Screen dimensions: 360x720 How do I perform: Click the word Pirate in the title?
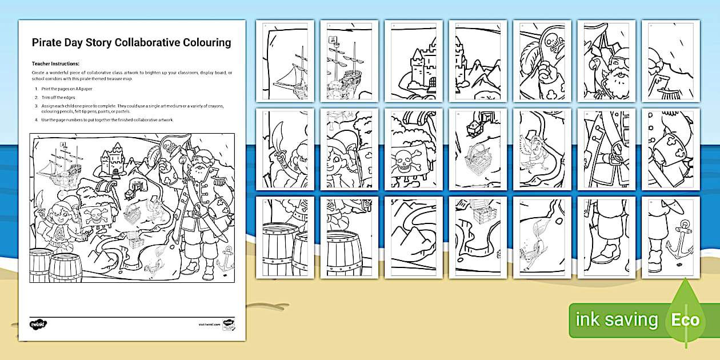pos(48,42)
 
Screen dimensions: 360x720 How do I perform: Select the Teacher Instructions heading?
pos(55,64)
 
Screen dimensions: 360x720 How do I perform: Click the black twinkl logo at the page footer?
pos(38,324)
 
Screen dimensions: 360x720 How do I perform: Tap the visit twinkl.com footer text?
pos(209,324)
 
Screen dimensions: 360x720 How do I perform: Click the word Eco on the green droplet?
pos(685,319)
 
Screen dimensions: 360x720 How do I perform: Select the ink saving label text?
pos(616,319)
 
